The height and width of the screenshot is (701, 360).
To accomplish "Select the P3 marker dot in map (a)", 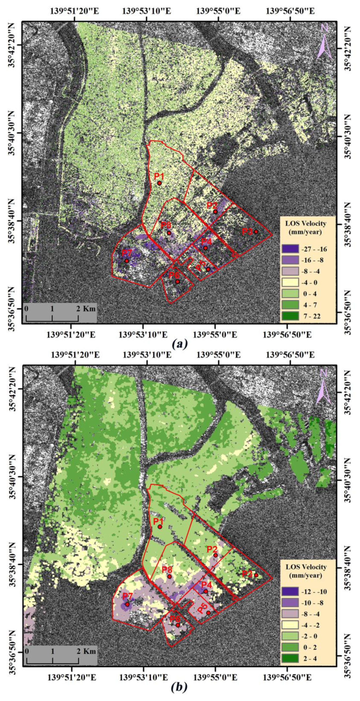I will pos(256,232).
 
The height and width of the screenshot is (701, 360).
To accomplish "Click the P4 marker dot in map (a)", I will pos(205,248).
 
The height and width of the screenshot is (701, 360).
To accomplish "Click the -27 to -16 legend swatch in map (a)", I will pos(290,249).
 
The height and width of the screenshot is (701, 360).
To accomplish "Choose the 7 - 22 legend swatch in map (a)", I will pos(290,316).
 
